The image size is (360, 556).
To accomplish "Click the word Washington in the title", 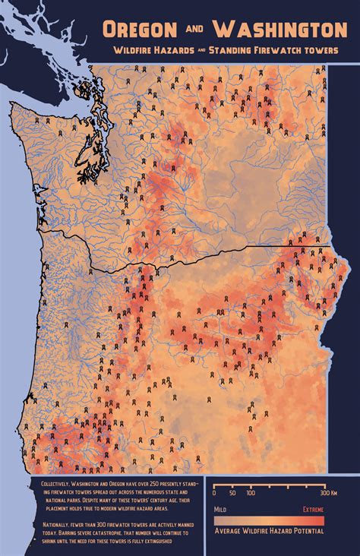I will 279,30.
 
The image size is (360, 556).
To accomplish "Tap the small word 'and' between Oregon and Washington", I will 193,29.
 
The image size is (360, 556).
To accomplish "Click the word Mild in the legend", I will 219,509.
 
